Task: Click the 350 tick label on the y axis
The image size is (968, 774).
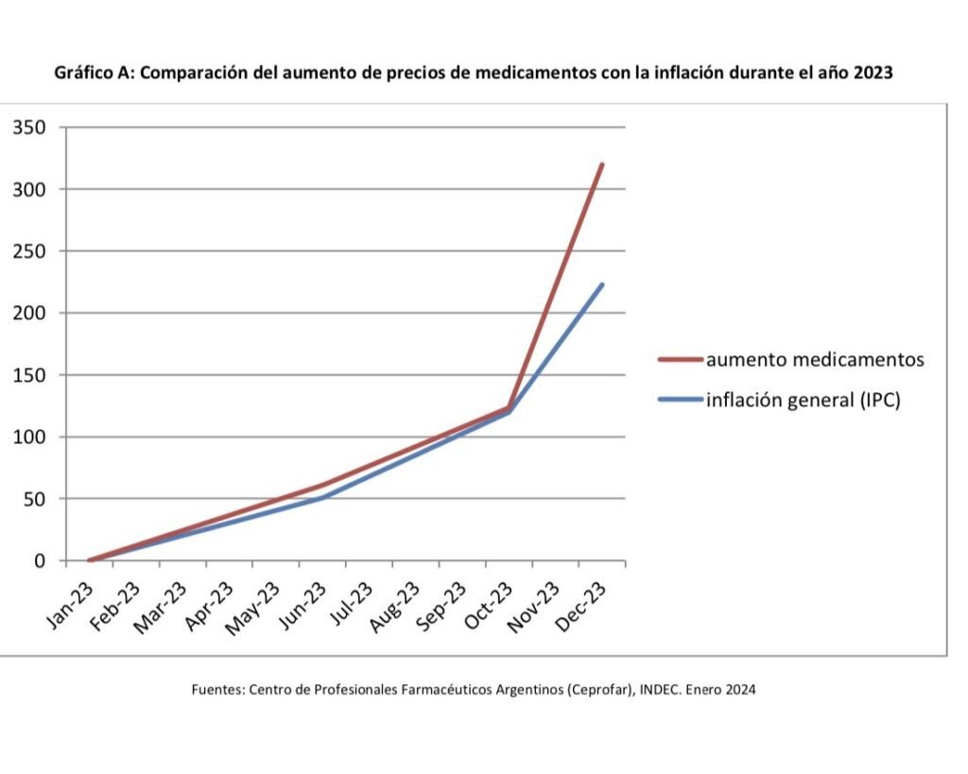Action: click(28, 128)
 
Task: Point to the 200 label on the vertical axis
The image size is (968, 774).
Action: click(28, 313)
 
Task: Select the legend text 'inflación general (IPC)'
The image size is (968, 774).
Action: click(804, 400)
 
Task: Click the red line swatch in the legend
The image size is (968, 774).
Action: click(681, 360)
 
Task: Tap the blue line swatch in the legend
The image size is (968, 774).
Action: click(681, 401)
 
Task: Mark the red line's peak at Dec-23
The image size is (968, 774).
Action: click(601, 164)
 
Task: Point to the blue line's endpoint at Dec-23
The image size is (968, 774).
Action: click(601, 284)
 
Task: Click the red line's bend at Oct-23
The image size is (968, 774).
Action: click(510, 408)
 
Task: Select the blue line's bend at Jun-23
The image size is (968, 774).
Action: click(323, 497)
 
